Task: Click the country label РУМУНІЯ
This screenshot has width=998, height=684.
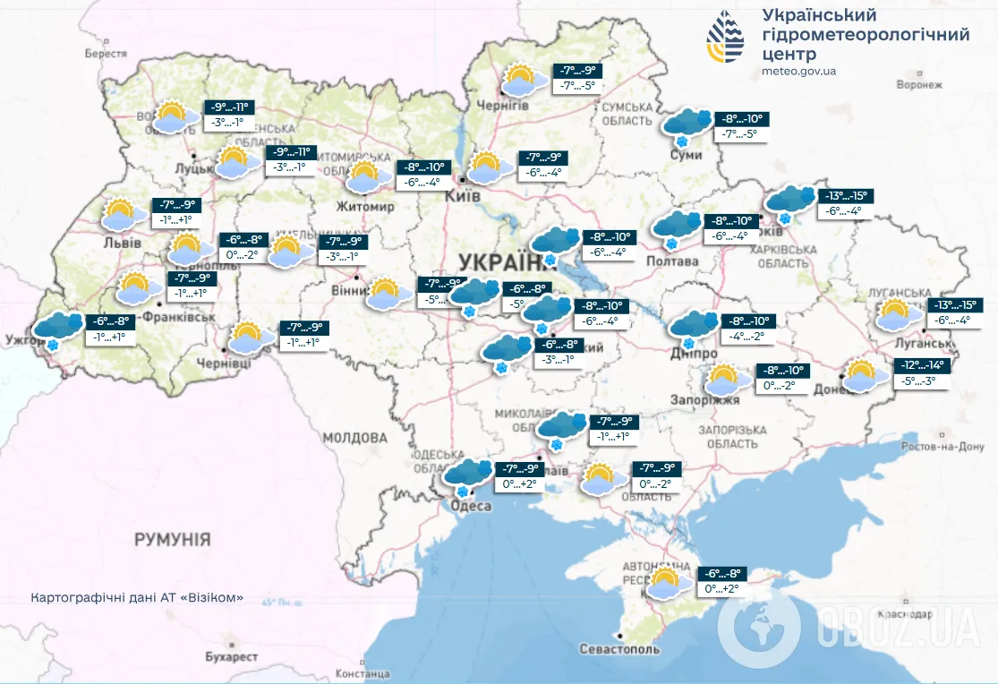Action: [173, 540]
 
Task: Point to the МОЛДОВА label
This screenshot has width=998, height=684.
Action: [354, 438]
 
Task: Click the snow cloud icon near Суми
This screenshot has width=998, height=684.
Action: [687, 126]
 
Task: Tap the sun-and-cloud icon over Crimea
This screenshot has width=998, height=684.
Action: [668, 583]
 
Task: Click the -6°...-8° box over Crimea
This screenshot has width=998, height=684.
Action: [721, 574]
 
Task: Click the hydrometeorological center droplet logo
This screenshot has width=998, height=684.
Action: [725, 38]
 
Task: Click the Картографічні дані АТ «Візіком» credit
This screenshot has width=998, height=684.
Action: [136, 598]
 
